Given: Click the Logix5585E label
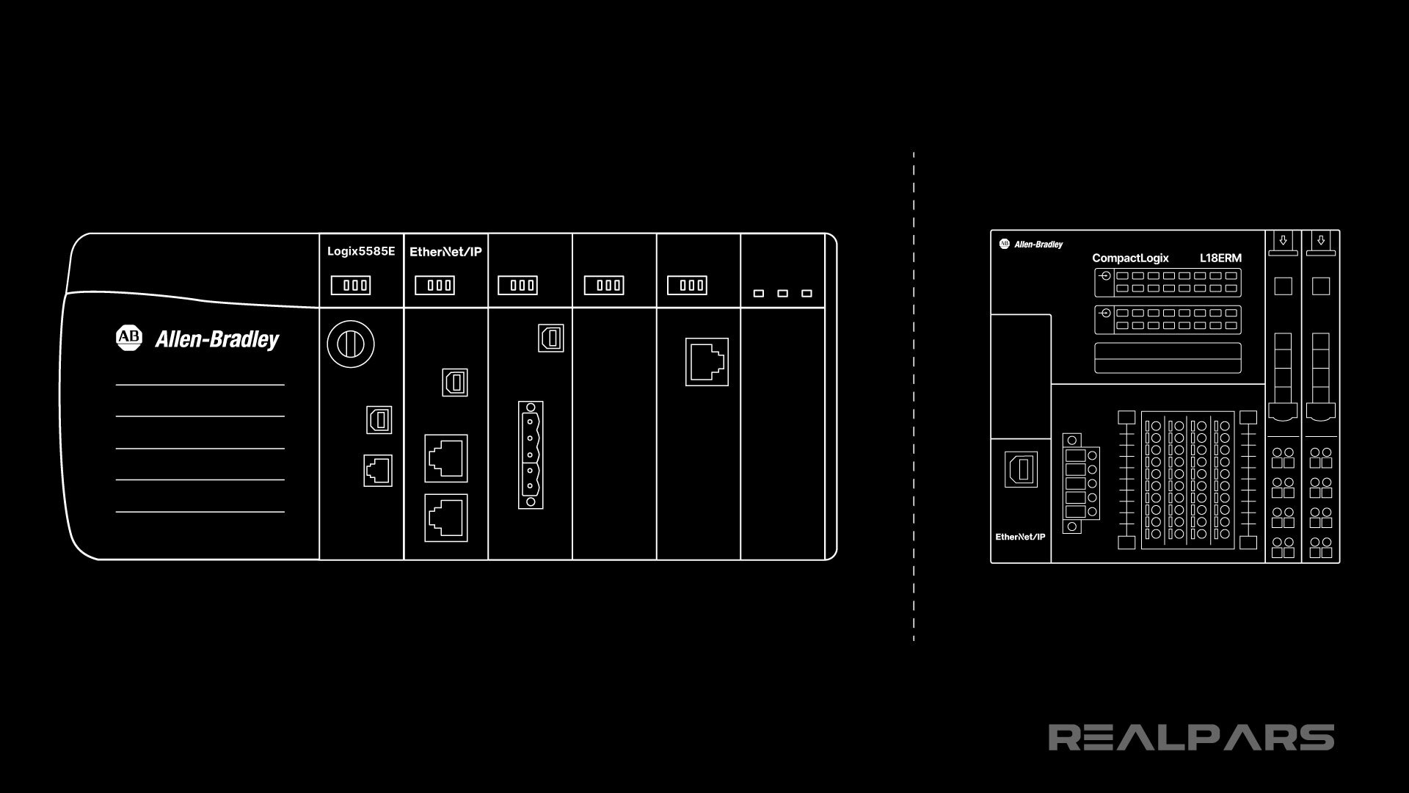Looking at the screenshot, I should tap(361, 251).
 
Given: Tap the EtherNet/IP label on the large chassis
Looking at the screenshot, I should tap(445, 252).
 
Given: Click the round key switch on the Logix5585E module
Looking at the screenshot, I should tap(351, 344).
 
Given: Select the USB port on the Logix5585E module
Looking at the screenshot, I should tap(379, 420).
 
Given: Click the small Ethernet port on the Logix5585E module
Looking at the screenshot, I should tap(378, 471).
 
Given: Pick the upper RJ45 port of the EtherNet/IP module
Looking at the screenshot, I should tap(446, 458).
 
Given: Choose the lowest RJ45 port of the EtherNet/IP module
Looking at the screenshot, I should tap(446, 518).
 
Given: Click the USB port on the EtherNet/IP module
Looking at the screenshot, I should tap(455, 383).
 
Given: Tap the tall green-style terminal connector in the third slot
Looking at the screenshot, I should tap(531, 455).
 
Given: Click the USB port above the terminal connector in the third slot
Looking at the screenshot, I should tap(551, 338).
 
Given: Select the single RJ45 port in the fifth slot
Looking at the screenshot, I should tap(707, 362).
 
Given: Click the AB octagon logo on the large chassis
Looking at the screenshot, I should tap(128, 337).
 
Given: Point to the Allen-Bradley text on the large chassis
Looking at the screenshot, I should tap(217, 339).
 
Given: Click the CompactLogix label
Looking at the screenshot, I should tap(1130, 258).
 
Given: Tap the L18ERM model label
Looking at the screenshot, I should tap(1220, 258).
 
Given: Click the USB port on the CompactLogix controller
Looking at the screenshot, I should tap(1021, 469).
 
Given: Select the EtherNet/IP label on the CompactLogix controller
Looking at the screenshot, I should tap(1020, 537).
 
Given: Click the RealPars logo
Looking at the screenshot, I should tap(1191, 737).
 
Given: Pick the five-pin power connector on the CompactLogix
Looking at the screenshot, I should tap(1078, 483).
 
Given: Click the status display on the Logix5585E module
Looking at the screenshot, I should tap(351, 285).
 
